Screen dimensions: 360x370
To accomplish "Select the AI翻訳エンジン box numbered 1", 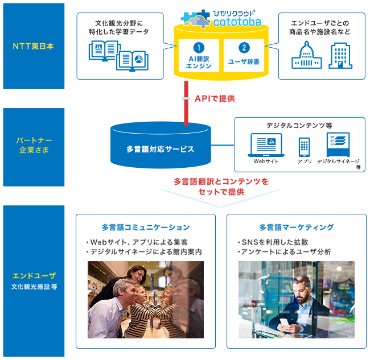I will (199, 56).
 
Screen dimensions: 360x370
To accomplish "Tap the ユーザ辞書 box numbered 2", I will (244, 56).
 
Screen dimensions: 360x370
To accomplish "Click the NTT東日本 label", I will (34, 46).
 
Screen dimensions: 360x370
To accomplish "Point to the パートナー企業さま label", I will (34, 146).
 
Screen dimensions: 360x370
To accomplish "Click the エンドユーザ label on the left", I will (34, 276).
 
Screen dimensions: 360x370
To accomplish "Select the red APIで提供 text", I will (215, 98).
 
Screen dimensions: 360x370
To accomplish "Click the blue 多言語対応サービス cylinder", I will (160, 147).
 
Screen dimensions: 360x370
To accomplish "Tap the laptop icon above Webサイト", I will (266, 146).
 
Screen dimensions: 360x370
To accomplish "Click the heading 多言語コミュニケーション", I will (146, 227).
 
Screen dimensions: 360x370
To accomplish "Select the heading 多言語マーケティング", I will (296, 227).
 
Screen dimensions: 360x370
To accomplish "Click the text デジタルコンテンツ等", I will (299, 125).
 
